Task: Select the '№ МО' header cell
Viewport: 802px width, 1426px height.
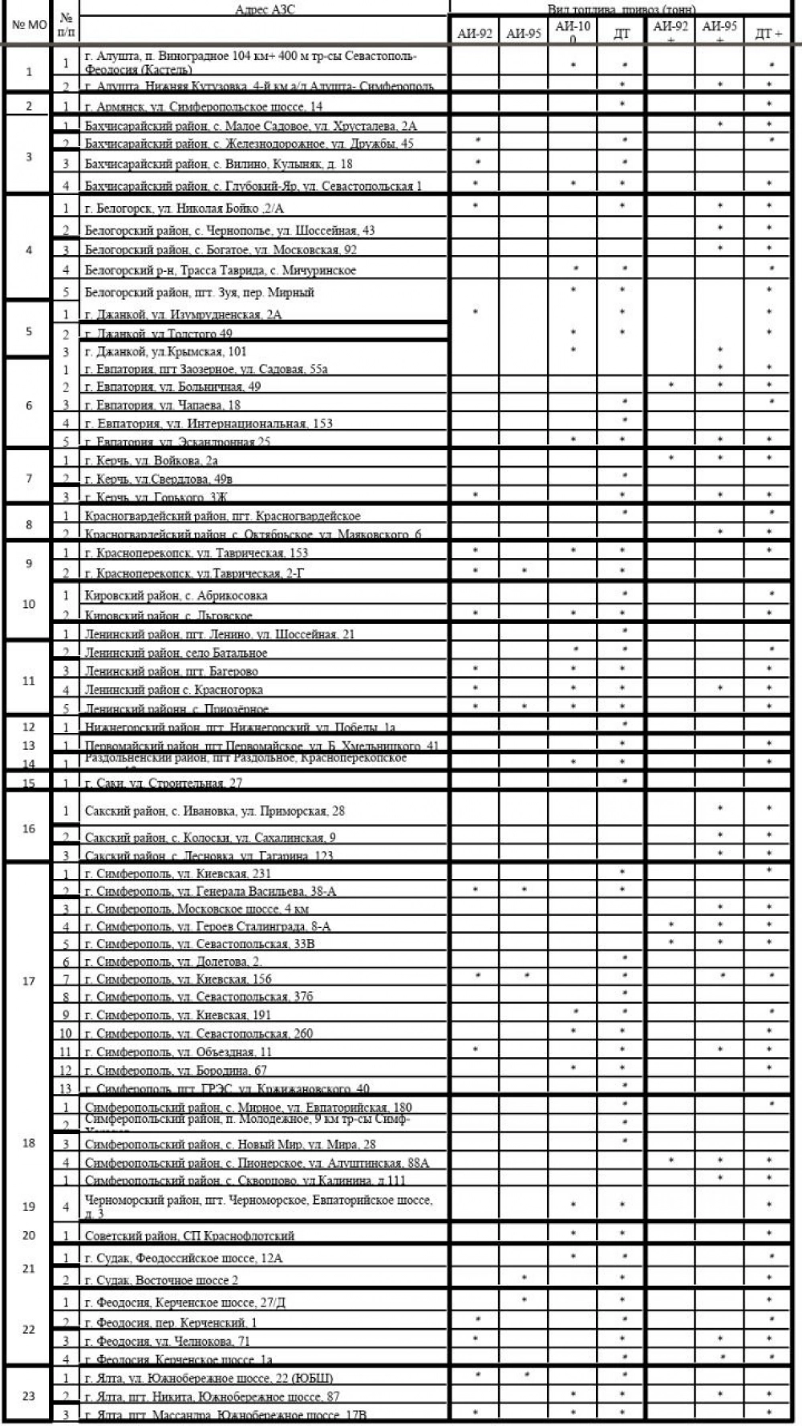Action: pyautogui.click(x=29, y=25)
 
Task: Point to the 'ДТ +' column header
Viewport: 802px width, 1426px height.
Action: pyautogui.click(x=768, y=33)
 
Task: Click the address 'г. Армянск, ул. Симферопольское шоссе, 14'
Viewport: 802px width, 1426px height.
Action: pyautogui.click(x=204, y=106)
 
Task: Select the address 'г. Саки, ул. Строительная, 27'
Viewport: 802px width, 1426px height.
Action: pyautogui.click(x=163, y=782)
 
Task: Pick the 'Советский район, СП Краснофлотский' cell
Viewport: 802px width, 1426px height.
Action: pyautogui.click(x=189, y=1235)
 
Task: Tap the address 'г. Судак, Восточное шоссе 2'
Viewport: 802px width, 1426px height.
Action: pyautogui.click(x=161, y=1279)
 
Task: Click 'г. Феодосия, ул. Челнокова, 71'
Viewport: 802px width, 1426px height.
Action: pyautogui.click(x=167, y=1340)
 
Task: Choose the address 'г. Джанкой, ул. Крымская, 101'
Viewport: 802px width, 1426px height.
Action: pyautogui.click(x=165, y=351)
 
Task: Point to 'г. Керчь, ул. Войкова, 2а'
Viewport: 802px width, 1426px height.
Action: pyautogui.click(x=151, y=460)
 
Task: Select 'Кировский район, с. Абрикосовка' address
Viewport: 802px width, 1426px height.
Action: pyautogui.click(x=176, y=595)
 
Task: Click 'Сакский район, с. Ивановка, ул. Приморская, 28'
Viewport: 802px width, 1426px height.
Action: pyautogui.click(x=214, y=811)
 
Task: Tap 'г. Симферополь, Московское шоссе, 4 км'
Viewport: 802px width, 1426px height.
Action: pyautogui.click(x=196, y=909)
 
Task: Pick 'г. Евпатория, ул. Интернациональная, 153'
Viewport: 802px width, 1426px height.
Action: pyautogui.click(x=209, y=423)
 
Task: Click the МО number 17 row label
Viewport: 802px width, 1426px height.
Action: pyautogui.click(x=29, y=981)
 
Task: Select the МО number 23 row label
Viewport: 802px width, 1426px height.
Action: pyautogui.click(x=29, y=1396)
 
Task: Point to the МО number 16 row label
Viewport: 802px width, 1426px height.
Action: pyautogui.click(x=29, y=828)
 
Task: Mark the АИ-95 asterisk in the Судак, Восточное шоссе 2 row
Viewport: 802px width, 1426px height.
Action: pyautogui.click(x=524, y=1277)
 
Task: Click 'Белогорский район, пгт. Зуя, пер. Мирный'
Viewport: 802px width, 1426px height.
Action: pyautogui.click(x=199, y=292)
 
